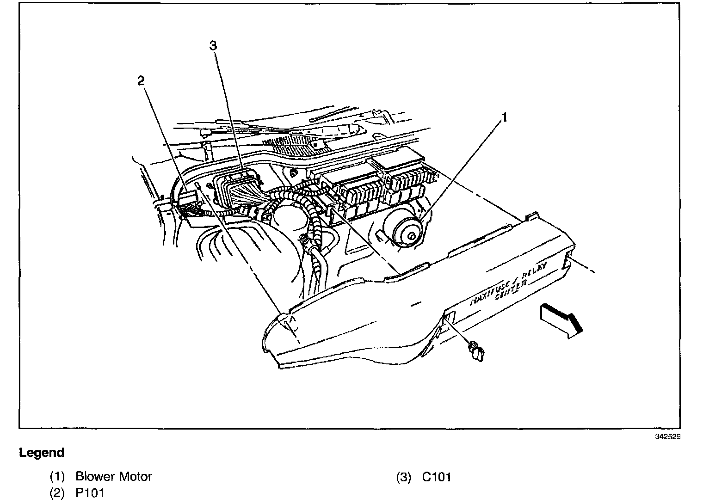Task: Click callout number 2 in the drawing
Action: click(141, 81)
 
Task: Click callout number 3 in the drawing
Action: click(213, 45)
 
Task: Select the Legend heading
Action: click(42, 453)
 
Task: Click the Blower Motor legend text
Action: click(113, 476)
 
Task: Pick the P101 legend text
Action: click(90, 493)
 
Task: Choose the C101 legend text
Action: click(436, 477)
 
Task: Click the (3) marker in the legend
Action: click(403, 477)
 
